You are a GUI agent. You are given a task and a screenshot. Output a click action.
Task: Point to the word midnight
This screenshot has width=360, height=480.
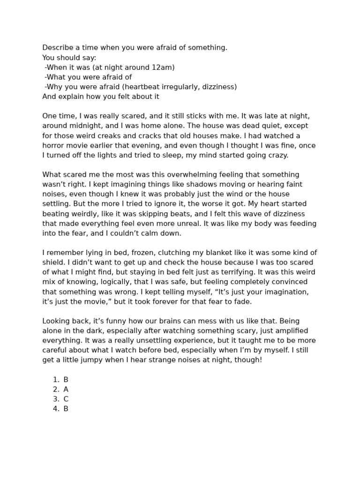(x=80, y=126)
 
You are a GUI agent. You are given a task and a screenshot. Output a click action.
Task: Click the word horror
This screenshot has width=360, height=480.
(x=54, y=145)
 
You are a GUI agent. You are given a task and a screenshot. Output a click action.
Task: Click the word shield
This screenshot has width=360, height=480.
(x=53, y=262)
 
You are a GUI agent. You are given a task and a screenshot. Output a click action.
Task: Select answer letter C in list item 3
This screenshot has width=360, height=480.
(x=66, y=399)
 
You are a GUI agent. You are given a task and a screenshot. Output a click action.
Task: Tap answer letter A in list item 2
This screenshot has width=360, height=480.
(x=66, y=389)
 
